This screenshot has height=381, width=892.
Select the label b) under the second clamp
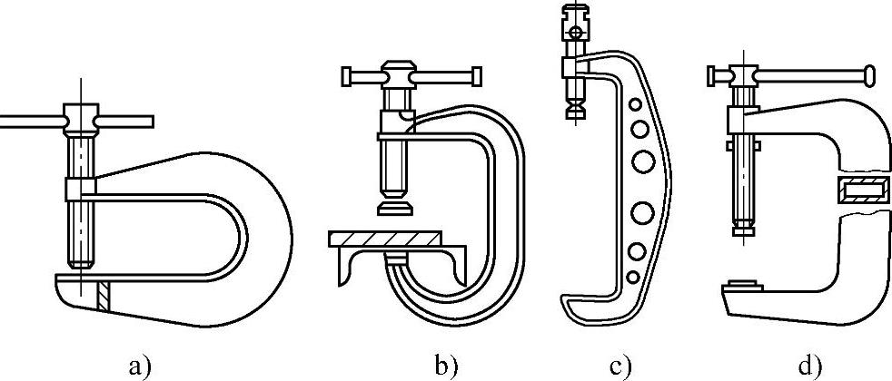pos(447,366)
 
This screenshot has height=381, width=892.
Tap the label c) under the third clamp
pos(621,366)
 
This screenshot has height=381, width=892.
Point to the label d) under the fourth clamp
pos(810,366)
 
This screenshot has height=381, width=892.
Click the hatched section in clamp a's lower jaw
pos(104,292)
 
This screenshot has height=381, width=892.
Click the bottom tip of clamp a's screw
pos(80,263)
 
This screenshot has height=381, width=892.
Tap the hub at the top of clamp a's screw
pos(80,117)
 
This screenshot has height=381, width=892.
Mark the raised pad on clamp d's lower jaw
pos(748,285)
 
